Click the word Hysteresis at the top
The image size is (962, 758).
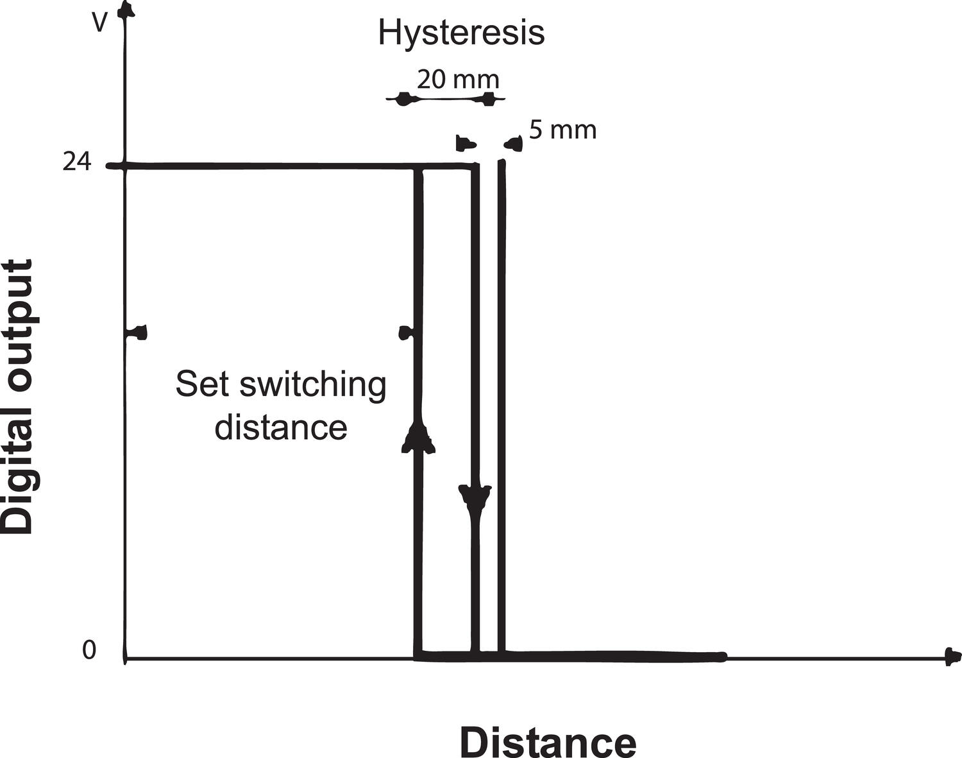point(461,33)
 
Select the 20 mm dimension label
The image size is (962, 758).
point(457,80)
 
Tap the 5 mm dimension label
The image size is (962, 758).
point(562,130)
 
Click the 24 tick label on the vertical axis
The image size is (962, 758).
point(77,163)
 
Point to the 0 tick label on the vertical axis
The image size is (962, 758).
point(89,650)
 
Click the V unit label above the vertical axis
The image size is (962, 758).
point(99,23)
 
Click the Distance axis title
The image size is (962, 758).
point(548,743)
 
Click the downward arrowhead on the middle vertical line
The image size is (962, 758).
point(475,496)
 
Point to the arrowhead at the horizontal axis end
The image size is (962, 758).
point(953,657)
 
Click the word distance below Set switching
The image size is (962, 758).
point(280,427)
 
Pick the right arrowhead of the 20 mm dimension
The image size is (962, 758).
point(489,99)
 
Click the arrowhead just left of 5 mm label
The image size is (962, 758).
point(514,144)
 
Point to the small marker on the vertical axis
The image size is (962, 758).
point(138,332)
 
